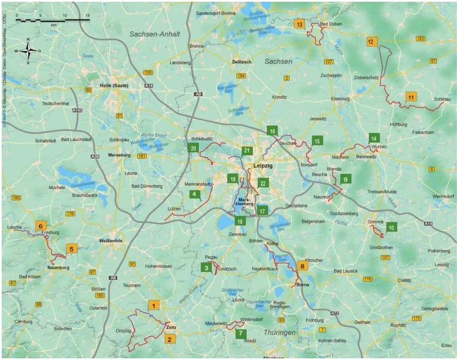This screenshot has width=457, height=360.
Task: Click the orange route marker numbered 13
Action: point(299,24)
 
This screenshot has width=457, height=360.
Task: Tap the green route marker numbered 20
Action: point(193,148)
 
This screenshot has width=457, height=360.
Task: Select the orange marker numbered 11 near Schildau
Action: point(411,97)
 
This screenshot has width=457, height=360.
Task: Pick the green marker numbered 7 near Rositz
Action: point(241,333)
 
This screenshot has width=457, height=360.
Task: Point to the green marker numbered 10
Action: point(391,227)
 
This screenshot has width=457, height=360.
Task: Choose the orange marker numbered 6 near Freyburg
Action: point(40,225)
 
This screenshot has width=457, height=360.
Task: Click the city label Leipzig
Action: point(263,165)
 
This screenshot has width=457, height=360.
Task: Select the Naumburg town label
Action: point(57,267)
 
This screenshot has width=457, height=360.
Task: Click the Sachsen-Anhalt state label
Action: point(154,34)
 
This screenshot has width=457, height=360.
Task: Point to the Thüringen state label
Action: point(279,332)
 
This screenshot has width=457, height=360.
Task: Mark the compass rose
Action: point(28,51)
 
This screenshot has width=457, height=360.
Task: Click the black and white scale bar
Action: point(52,20)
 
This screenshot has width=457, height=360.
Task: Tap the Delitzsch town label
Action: point(242,61)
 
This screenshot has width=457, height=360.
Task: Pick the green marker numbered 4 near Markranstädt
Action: point(195,194)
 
